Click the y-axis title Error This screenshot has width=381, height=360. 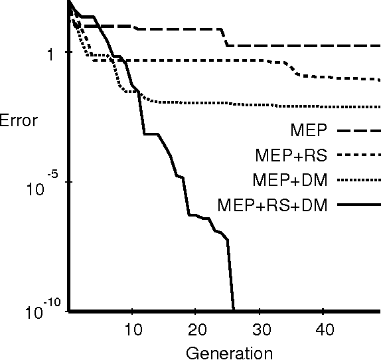pyautogui.click(x=19, y=122)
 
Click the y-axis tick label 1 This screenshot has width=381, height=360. pyautogui.click(x=49, y=54)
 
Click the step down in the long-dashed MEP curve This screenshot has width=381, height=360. pyautogui.click(x=224, y=38)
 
